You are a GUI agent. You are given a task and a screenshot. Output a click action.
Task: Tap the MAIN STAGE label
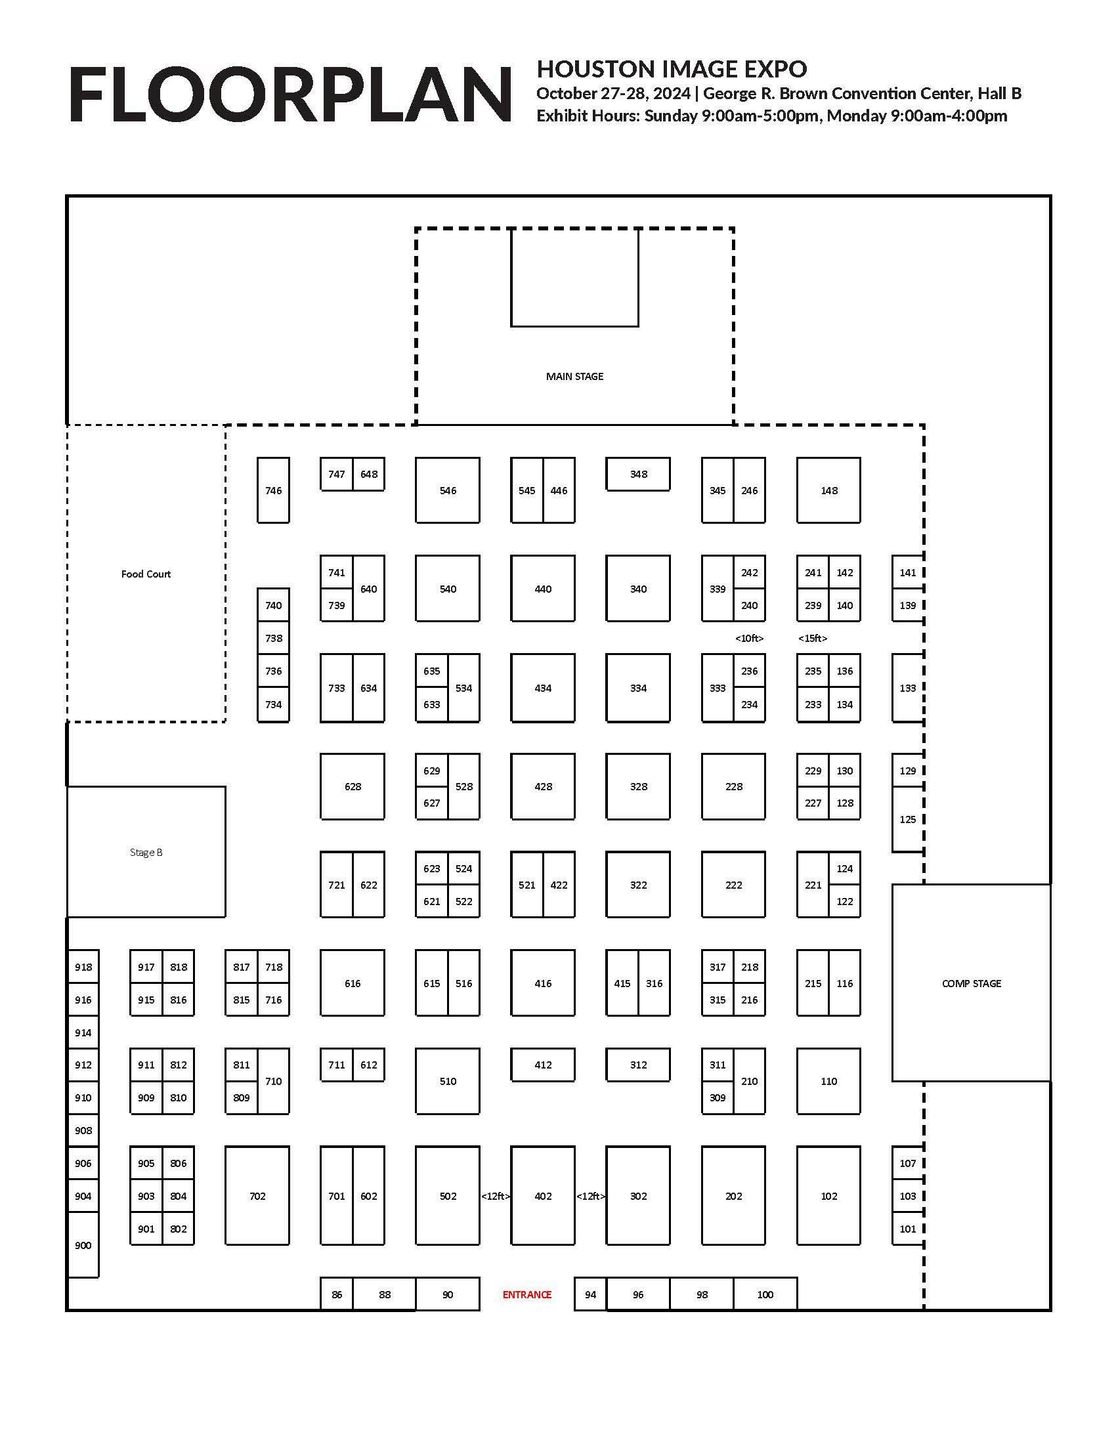point(574,377)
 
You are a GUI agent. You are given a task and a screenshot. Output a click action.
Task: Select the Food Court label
point(146,574)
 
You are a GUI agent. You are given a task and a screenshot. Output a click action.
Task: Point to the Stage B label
point(146,852)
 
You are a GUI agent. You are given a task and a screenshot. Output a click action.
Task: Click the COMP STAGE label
point(971,983)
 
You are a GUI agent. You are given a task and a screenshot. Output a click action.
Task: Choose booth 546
point(448,490)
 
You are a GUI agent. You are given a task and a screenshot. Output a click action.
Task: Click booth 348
point(638,474)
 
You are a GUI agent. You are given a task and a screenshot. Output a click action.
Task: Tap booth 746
point(273,490)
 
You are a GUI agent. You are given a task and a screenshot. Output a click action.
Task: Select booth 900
point(83,1246)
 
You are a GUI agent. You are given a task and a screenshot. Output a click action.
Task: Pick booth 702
point(257,1196)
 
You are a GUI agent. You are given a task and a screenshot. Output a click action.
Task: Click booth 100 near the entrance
point(765,1294)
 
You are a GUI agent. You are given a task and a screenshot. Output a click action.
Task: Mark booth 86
point(337,1294)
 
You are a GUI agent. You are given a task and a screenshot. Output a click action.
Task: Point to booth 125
point(908,820)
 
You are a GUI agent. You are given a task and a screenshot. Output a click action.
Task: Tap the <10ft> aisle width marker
point(749,639)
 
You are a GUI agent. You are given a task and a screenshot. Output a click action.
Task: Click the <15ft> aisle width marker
point(813,639)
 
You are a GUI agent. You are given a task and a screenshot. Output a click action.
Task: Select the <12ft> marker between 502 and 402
point(495,1196)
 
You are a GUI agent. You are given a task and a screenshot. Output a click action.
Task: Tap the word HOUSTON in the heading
point(585,70)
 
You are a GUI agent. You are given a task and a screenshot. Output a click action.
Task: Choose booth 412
point(543,1065)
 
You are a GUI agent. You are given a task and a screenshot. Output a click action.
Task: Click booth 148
point(828,490)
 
